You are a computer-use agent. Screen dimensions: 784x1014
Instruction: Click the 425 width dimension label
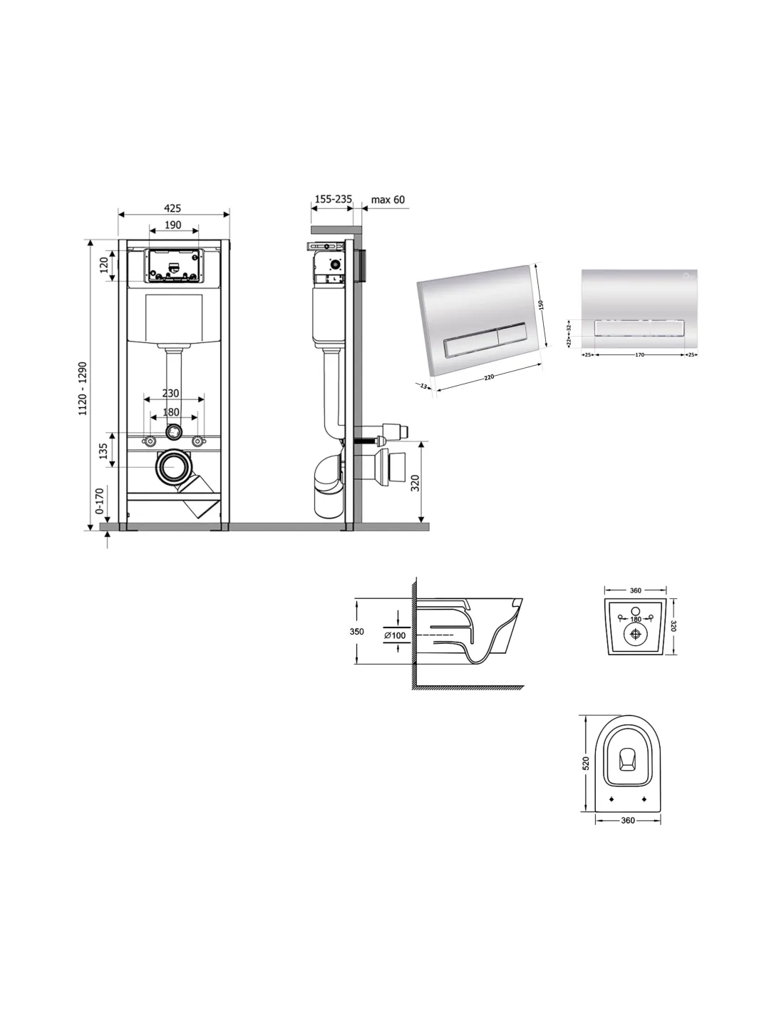point(172,208)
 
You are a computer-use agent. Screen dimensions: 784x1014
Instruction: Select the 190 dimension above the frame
point(172,225)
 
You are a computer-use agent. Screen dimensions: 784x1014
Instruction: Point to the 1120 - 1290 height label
point(83,389)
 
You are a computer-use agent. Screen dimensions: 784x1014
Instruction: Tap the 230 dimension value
point(170,394)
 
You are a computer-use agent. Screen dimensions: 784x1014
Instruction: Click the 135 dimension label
point(103,450)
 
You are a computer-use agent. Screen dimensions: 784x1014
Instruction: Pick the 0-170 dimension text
point(99,500)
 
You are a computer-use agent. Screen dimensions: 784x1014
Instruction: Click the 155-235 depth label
point(333,199)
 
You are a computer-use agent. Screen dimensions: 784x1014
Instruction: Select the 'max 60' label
point(388,200)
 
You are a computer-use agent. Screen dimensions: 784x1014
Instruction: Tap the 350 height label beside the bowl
point(357,632)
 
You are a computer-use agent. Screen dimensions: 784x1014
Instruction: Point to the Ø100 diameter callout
point(395,635)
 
